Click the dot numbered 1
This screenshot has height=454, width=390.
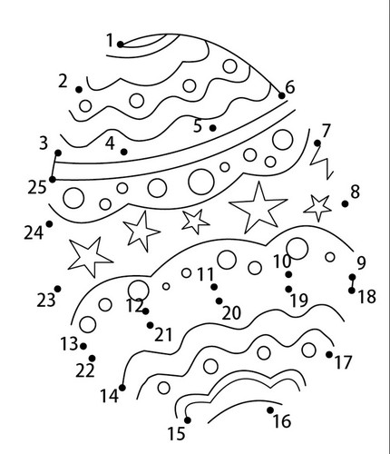click(x=121, y=44)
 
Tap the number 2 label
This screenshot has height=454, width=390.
click(x=63, y=81)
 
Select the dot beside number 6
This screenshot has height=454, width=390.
click(x=281, y=95)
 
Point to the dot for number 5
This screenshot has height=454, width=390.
click(x=212, y=128)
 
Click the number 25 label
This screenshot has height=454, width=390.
click(x=37, y=187)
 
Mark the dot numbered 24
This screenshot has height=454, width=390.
click(x=49, y=224)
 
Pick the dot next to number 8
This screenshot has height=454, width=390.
click(x=345, y=203)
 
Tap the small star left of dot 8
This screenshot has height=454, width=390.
click(x=317, y=208)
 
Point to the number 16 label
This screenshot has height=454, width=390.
click(x=282, y=420)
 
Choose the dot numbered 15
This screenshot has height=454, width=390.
click(x=188, y=420)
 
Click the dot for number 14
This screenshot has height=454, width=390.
click(x=122, y=388)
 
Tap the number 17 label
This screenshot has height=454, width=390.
click(x=343, y=362)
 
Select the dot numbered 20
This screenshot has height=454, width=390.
click(x=219, y=301)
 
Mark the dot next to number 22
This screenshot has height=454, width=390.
click(x=92, y=359)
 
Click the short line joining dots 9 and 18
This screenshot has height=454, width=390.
click(x=352, y=284)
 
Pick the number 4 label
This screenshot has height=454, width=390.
click(x=110, y=143)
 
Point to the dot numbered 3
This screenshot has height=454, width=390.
click(x=58, y=153)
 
